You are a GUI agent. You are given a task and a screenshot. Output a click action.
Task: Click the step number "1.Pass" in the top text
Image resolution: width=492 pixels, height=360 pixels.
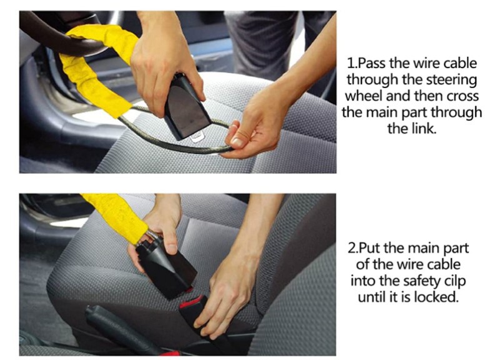click(x=367, y=64)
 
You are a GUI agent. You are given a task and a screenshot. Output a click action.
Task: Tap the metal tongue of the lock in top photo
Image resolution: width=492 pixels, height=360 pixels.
click(x=197, y=137)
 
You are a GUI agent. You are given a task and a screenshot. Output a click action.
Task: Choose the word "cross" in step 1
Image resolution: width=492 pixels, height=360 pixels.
click(x=463, y=97)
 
